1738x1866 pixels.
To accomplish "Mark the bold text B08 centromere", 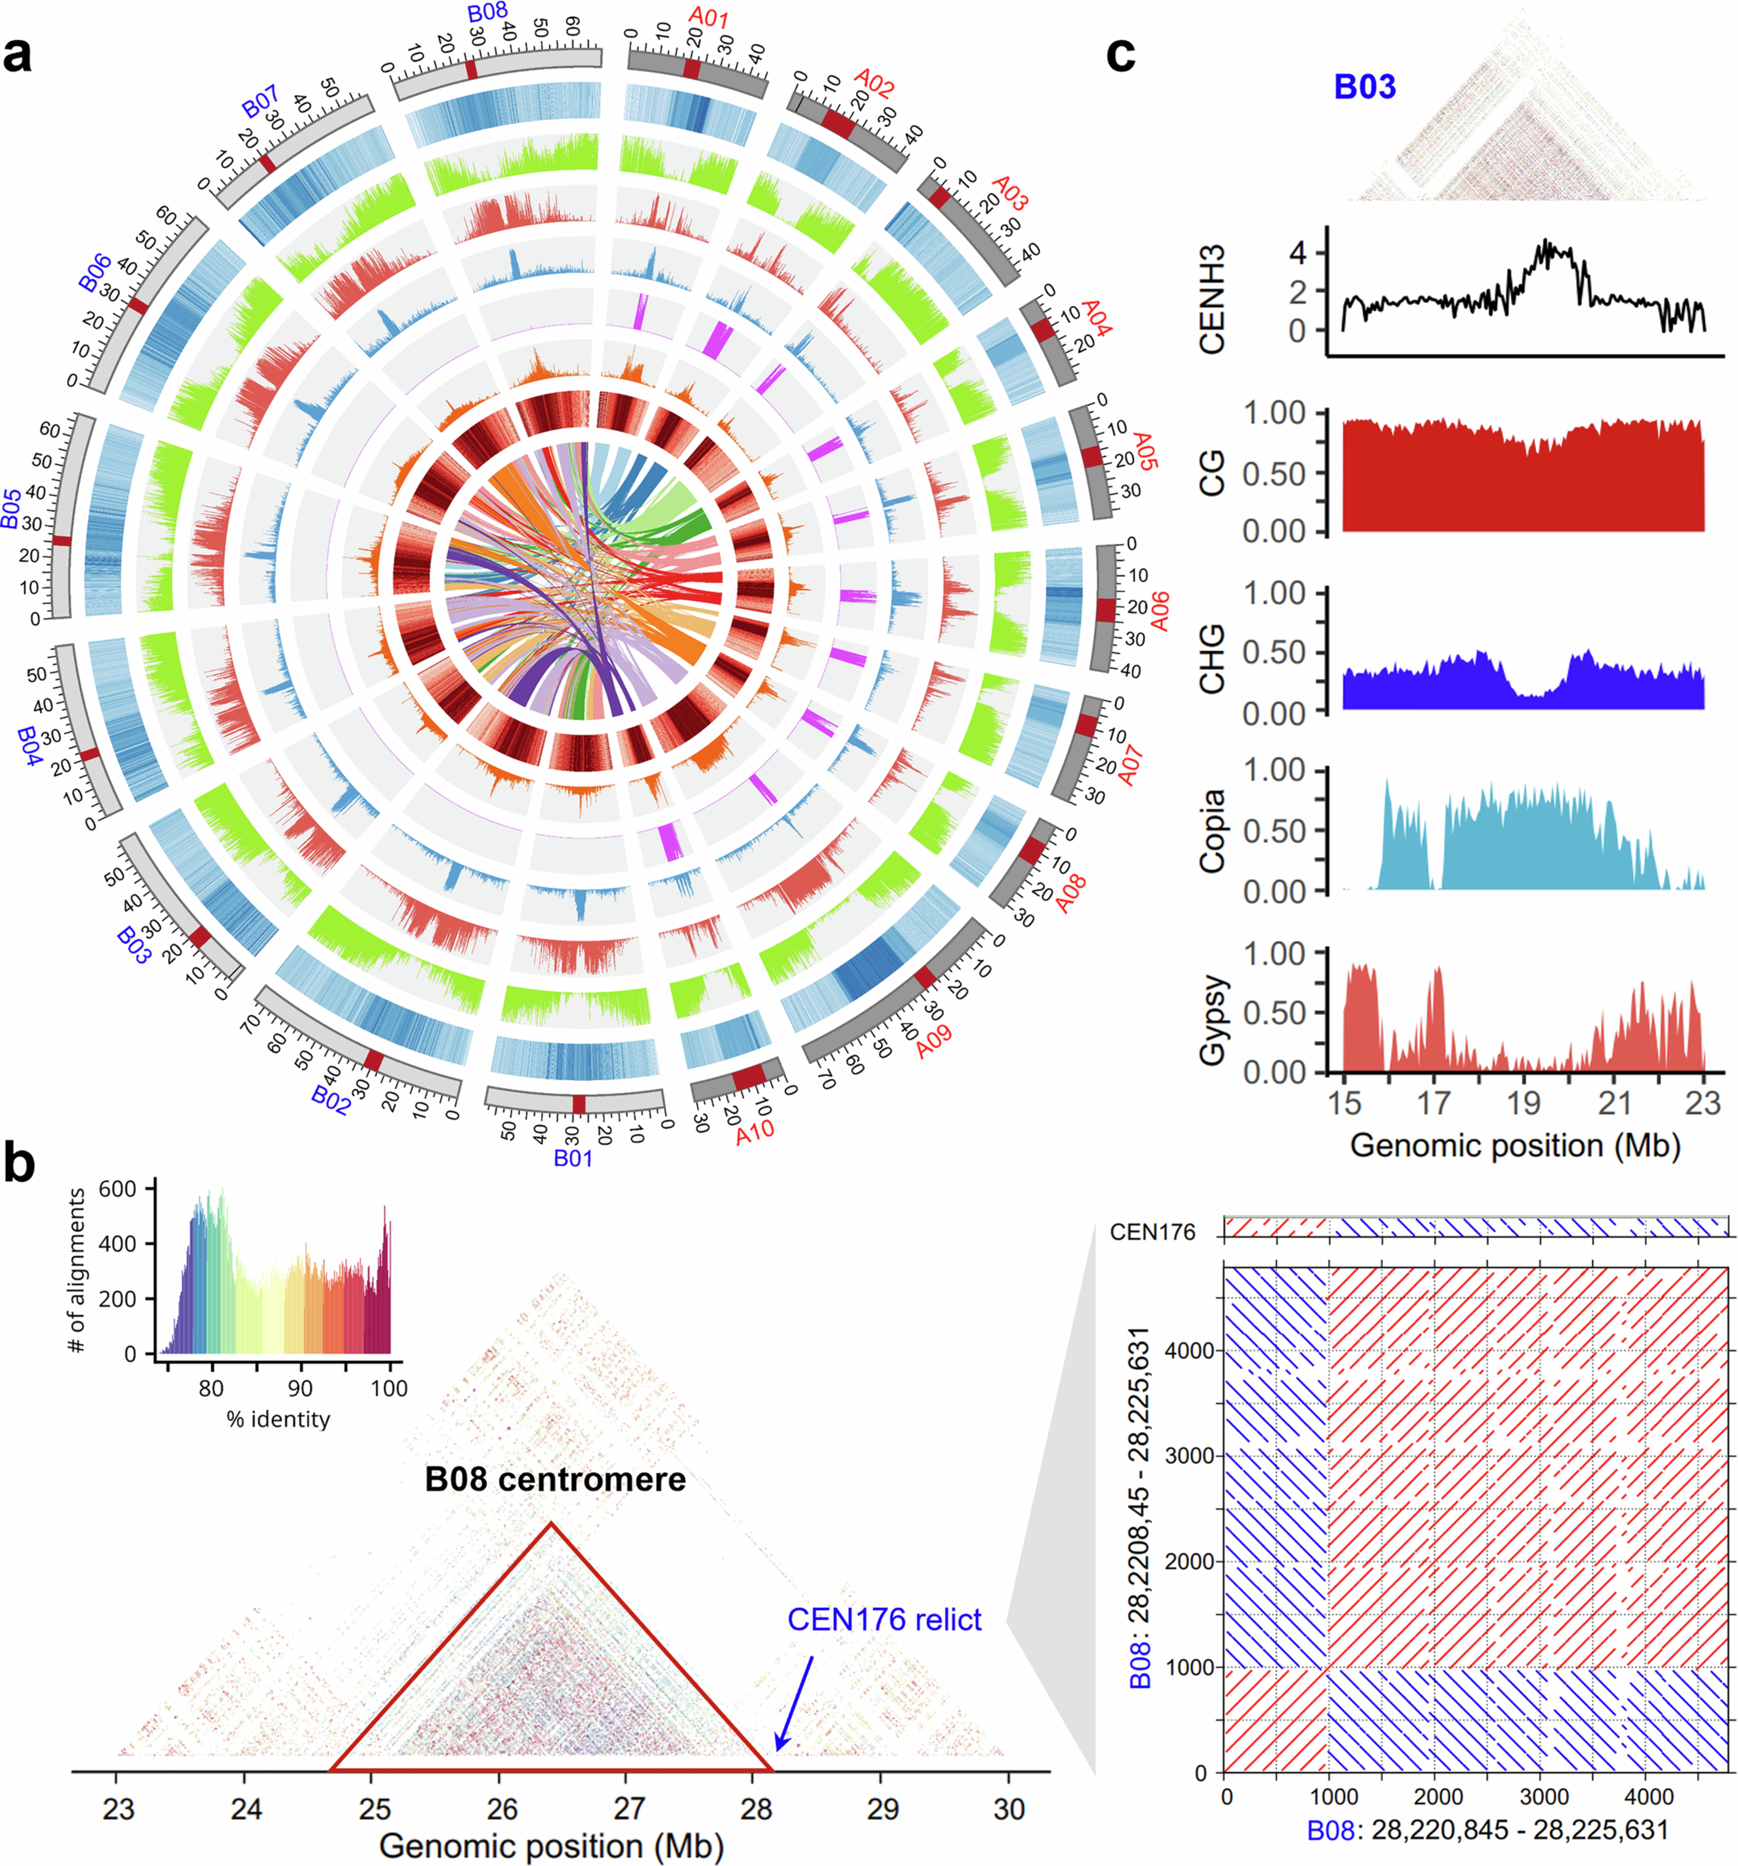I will (x=555, y=1480).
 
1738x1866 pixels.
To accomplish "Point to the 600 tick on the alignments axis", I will (x=117, y=1189).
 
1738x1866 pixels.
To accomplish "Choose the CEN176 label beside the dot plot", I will (x=1153, y=1232).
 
